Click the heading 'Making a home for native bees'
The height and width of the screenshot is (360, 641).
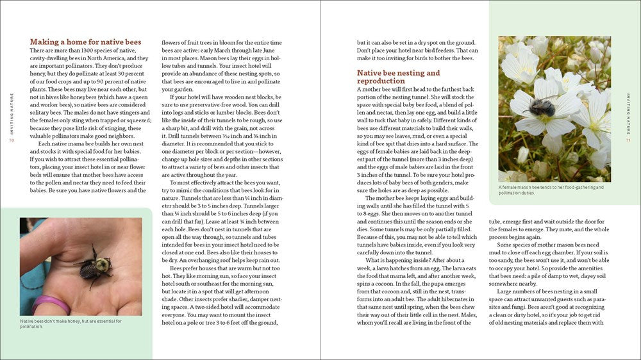click(x=85, y=42)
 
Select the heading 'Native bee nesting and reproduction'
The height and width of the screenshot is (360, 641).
click(x=398, y=77)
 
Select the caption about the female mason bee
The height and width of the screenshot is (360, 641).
click(x=551, y=190)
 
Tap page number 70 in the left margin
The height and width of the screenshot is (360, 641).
click(x=11, y=140)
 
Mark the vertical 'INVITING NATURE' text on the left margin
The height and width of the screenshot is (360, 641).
click(x=11, y=110)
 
